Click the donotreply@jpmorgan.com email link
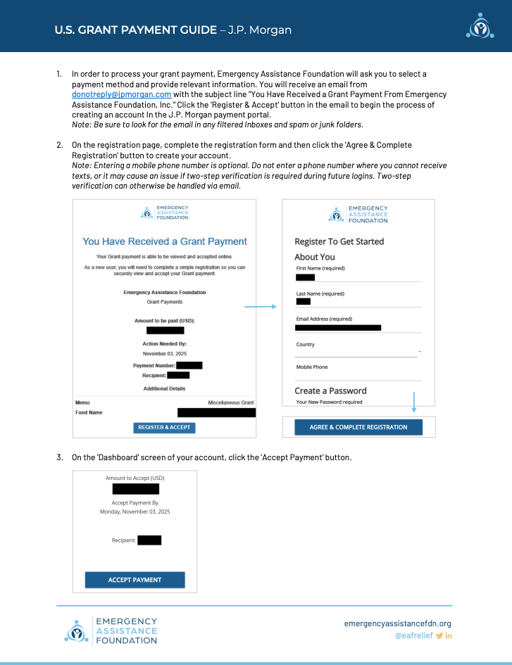pos(121,94)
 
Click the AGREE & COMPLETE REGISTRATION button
pos(358,427)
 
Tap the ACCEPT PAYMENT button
pos(135,580)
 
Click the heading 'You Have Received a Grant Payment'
pos(165,241)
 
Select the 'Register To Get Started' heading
pos(339,241)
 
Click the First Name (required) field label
pos(320,268)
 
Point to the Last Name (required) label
pos(320,293)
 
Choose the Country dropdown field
pos(358,350)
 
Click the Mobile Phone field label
pos(311,367)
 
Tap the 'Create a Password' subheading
pos(330,391)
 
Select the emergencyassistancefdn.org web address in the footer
pos(397,623)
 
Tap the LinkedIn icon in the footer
pos(449,636)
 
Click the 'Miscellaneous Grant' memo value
pos(230,403)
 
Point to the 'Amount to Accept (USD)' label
pos(135,478)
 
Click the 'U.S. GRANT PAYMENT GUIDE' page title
pos(135,30)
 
